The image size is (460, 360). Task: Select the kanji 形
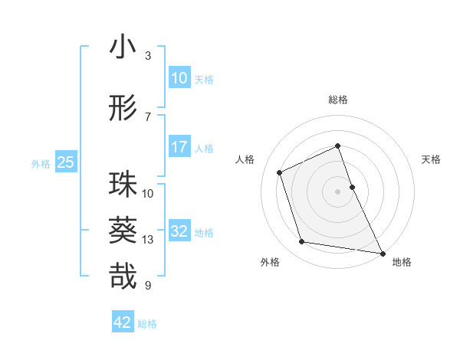click(123, 108)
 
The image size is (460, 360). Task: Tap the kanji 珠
click(123, 185)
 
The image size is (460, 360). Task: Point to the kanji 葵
click(123, 230)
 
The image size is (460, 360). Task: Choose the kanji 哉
click(123, 275)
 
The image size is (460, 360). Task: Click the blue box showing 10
click(179, 78)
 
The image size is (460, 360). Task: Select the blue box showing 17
click(179, 147)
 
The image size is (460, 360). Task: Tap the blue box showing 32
click(179, 232)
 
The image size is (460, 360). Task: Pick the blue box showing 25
click(65, 162)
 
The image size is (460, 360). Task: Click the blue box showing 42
click(123, 322)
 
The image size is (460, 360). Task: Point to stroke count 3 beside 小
click(148, 56)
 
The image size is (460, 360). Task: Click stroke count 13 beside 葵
click(148, 240)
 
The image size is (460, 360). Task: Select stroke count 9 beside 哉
click(148, 286)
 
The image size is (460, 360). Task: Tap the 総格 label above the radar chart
click(338, 100)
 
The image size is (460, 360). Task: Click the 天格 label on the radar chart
click(431, 159)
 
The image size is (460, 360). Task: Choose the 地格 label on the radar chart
click(402, 262)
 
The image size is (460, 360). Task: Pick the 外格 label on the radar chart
click(270, 262)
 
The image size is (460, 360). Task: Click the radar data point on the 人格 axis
click(280, 172)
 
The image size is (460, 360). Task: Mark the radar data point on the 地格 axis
click(383, 252)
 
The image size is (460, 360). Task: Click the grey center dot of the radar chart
click(338, 191)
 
